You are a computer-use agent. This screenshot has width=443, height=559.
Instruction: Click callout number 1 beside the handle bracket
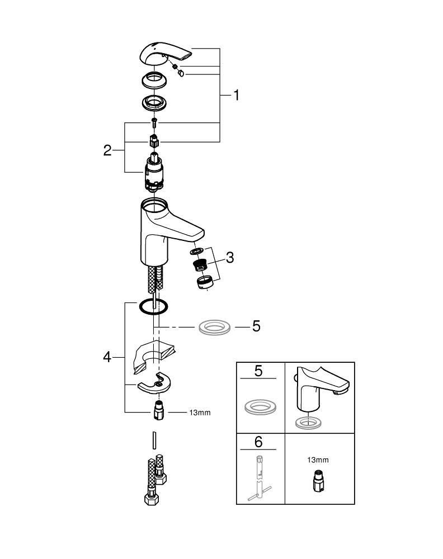click(x=236, y=95)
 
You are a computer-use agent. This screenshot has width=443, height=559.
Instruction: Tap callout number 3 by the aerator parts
click(x=229, y=258)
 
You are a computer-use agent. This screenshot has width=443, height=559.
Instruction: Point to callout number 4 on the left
click(x=107, y=356)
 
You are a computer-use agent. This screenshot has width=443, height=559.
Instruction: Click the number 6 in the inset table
click(x=258, y=442)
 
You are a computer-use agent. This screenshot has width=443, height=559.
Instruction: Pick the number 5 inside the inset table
click(x=258, y=371)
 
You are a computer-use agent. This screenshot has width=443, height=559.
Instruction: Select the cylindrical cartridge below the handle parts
click(x=153, y=171)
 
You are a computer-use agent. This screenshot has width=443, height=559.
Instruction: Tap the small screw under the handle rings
click(x=153, y=121)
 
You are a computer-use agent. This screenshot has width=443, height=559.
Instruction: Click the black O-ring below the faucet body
click(x=153, y=306)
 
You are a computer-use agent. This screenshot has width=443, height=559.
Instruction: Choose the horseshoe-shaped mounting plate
click(x=152, y=383)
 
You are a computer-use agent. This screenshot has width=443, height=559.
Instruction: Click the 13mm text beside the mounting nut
click(x=200, y=413)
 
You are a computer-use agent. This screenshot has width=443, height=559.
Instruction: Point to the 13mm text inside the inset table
click(x=318, y=460)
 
